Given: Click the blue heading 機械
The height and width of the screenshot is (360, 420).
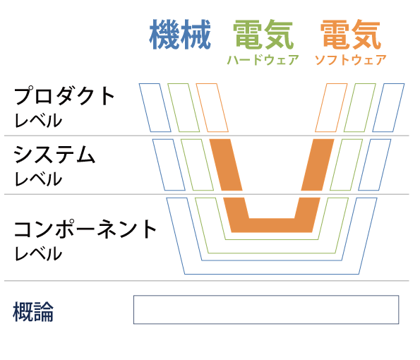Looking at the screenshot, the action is [180, 35].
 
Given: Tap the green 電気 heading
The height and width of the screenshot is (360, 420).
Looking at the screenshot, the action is [263, 35].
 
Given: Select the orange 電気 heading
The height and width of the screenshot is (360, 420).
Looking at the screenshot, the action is [351, 35].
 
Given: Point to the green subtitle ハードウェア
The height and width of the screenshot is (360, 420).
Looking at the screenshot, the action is [263, 60].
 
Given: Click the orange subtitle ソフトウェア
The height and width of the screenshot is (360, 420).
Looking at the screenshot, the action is [350, 60].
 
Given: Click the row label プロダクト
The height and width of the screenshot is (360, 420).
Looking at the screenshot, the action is [64, 95].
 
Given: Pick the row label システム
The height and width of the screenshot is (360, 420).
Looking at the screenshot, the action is [54, 155].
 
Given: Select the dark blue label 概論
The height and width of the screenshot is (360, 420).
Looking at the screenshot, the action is [33, 311].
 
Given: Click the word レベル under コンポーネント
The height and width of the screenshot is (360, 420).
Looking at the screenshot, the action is [38, 253].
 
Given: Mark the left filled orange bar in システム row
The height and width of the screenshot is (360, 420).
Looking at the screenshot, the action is [226, 164].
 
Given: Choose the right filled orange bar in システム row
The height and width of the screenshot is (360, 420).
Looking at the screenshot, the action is [318, 164].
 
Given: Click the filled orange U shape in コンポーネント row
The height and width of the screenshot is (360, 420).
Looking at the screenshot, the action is [272, 226].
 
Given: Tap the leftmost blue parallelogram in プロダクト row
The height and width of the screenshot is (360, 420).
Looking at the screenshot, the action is [155, 108].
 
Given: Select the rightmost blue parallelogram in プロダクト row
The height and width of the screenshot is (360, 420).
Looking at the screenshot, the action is [388, 108].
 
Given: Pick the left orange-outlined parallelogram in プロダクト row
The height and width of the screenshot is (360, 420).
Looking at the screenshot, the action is [212, 108].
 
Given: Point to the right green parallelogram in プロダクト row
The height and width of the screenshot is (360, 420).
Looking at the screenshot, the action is [360, 108].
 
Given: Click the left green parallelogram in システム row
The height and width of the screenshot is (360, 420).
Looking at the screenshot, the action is [197, 164].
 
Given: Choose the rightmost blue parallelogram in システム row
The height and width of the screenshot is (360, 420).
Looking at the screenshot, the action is [374, 164].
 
